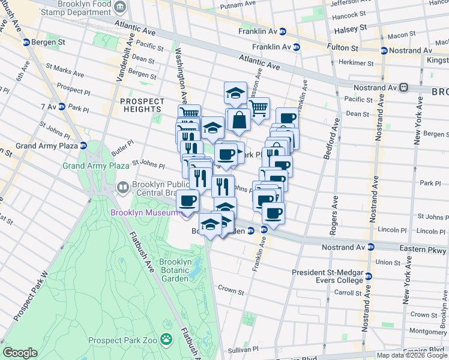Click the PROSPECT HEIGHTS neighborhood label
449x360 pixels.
pos(141,105)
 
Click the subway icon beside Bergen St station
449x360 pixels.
pos(26,42)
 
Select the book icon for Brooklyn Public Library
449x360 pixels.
pos(123,188)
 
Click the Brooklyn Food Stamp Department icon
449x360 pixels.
pos(121,7)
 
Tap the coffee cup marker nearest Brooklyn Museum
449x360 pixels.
pos(188,200)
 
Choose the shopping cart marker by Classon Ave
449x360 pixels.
pos(258,109)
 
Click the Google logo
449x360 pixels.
pos(20,353)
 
